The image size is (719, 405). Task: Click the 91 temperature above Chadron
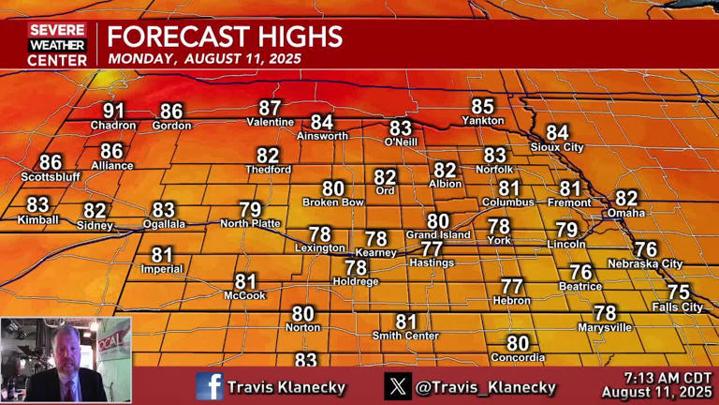(113, 112)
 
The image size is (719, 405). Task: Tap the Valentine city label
(271, 123)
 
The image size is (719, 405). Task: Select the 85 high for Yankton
(482, 107)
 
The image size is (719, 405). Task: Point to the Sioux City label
(556, 147)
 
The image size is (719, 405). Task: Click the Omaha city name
(625, 213)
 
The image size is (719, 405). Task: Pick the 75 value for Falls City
(678, 292)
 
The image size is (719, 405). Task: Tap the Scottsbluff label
(51, 176)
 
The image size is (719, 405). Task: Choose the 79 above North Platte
(250, 210)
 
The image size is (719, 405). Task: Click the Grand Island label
(438, 234)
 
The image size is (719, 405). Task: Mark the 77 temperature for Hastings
(432, 249)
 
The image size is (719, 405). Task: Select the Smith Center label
(405, 336)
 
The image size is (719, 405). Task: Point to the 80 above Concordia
(518, 344)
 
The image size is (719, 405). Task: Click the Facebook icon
(209, 385)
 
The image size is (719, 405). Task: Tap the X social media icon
(398, 385)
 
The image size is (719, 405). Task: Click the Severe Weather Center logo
(57, 45)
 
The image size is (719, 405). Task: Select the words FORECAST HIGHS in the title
(225, 37)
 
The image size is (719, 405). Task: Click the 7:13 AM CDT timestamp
(658, 377)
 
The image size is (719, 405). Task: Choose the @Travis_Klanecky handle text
(487, 386)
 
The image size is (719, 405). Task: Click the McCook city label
(244, 295)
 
